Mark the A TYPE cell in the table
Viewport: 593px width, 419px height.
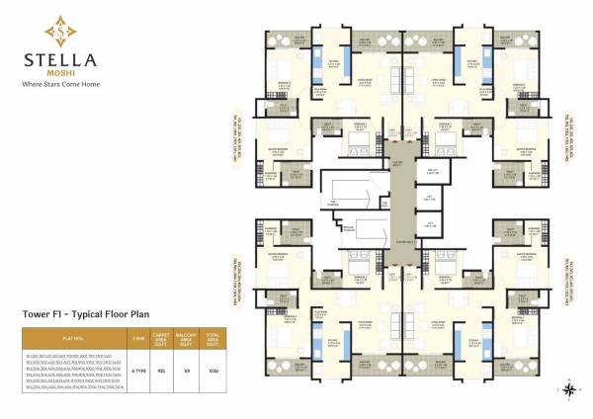click(137, 370)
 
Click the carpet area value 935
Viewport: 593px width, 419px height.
click(160, 370)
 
